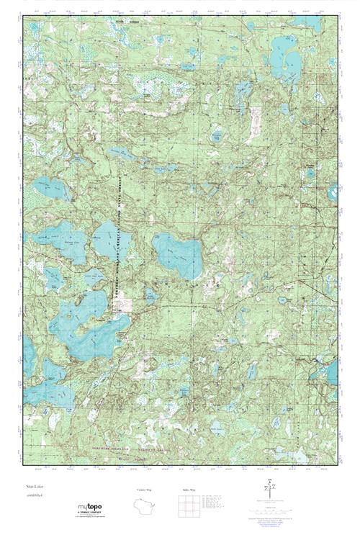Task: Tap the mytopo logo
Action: [x=91, y=510]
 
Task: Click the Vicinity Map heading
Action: [x=143, y=490]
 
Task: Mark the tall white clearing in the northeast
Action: [x=256, y=122]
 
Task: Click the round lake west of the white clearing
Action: [x=217, y=135]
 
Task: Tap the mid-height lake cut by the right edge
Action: [x=333, y=192]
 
